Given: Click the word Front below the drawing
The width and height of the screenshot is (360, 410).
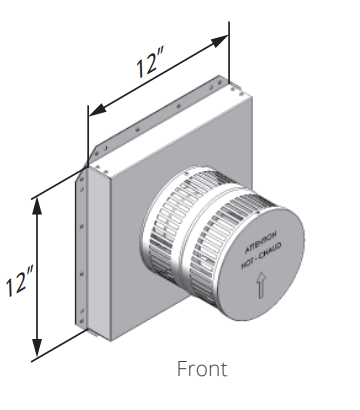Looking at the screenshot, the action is pyautogui.click(x=202, y=368).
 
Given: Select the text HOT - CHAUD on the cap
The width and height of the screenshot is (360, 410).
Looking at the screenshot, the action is pyautogui.click(x=261, y=256).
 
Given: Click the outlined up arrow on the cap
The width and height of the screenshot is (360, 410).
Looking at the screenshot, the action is pyautogui.click(x=260, y=285).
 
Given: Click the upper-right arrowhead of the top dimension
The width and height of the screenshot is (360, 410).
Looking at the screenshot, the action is pyautogui.click(x=219, y=41).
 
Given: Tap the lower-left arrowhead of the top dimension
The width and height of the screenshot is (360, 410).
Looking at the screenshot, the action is pyautogui.click(x=98, y=110).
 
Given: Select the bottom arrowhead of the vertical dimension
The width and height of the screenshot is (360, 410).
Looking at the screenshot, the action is pyautogui.click(x=37, y=348).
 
